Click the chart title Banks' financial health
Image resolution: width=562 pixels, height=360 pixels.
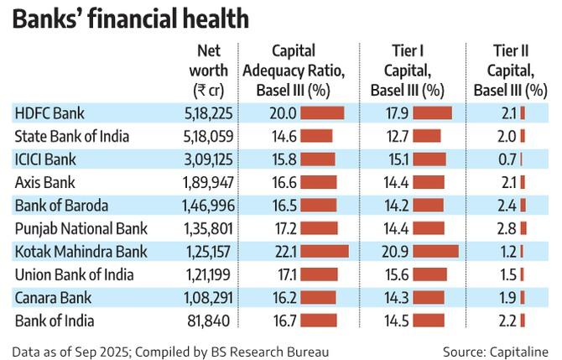[129, 18]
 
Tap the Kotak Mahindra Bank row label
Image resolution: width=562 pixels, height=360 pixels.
[81, 251]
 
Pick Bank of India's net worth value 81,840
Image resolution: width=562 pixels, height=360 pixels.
[214, 320]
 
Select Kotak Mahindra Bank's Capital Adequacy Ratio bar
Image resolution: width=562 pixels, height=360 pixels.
[324, 251]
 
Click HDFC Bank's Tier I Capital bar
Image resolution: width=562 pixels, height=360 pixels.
[432, 112]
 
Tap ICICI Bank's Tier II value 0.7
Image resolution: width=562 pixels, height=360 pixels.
[507, 159]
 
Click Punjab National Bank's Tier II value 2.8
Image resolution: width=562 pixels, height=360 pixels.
[507, 227]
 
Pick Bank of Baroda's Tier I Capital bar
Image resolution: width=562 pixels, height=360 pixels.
[429, 205]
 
